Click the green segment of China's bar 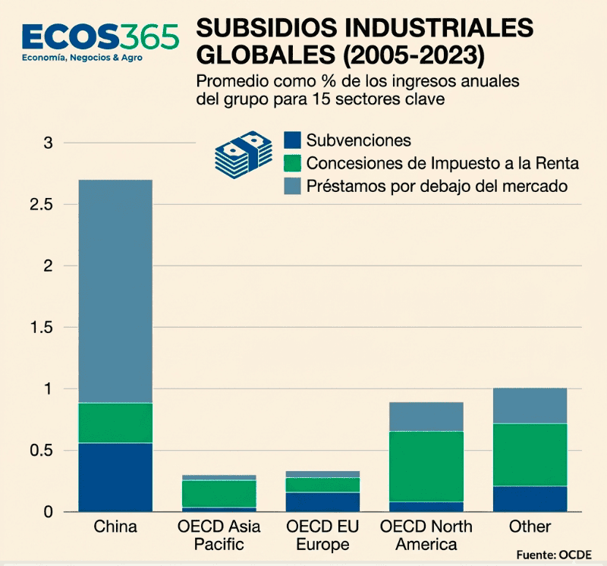coord(115,423)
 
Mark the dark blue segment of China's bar coord(115,477)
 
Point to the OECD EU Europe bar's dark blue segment coord(322,502)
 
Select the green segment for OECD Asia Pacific coord(219,493)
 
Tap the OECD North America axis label coord(426,536)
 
